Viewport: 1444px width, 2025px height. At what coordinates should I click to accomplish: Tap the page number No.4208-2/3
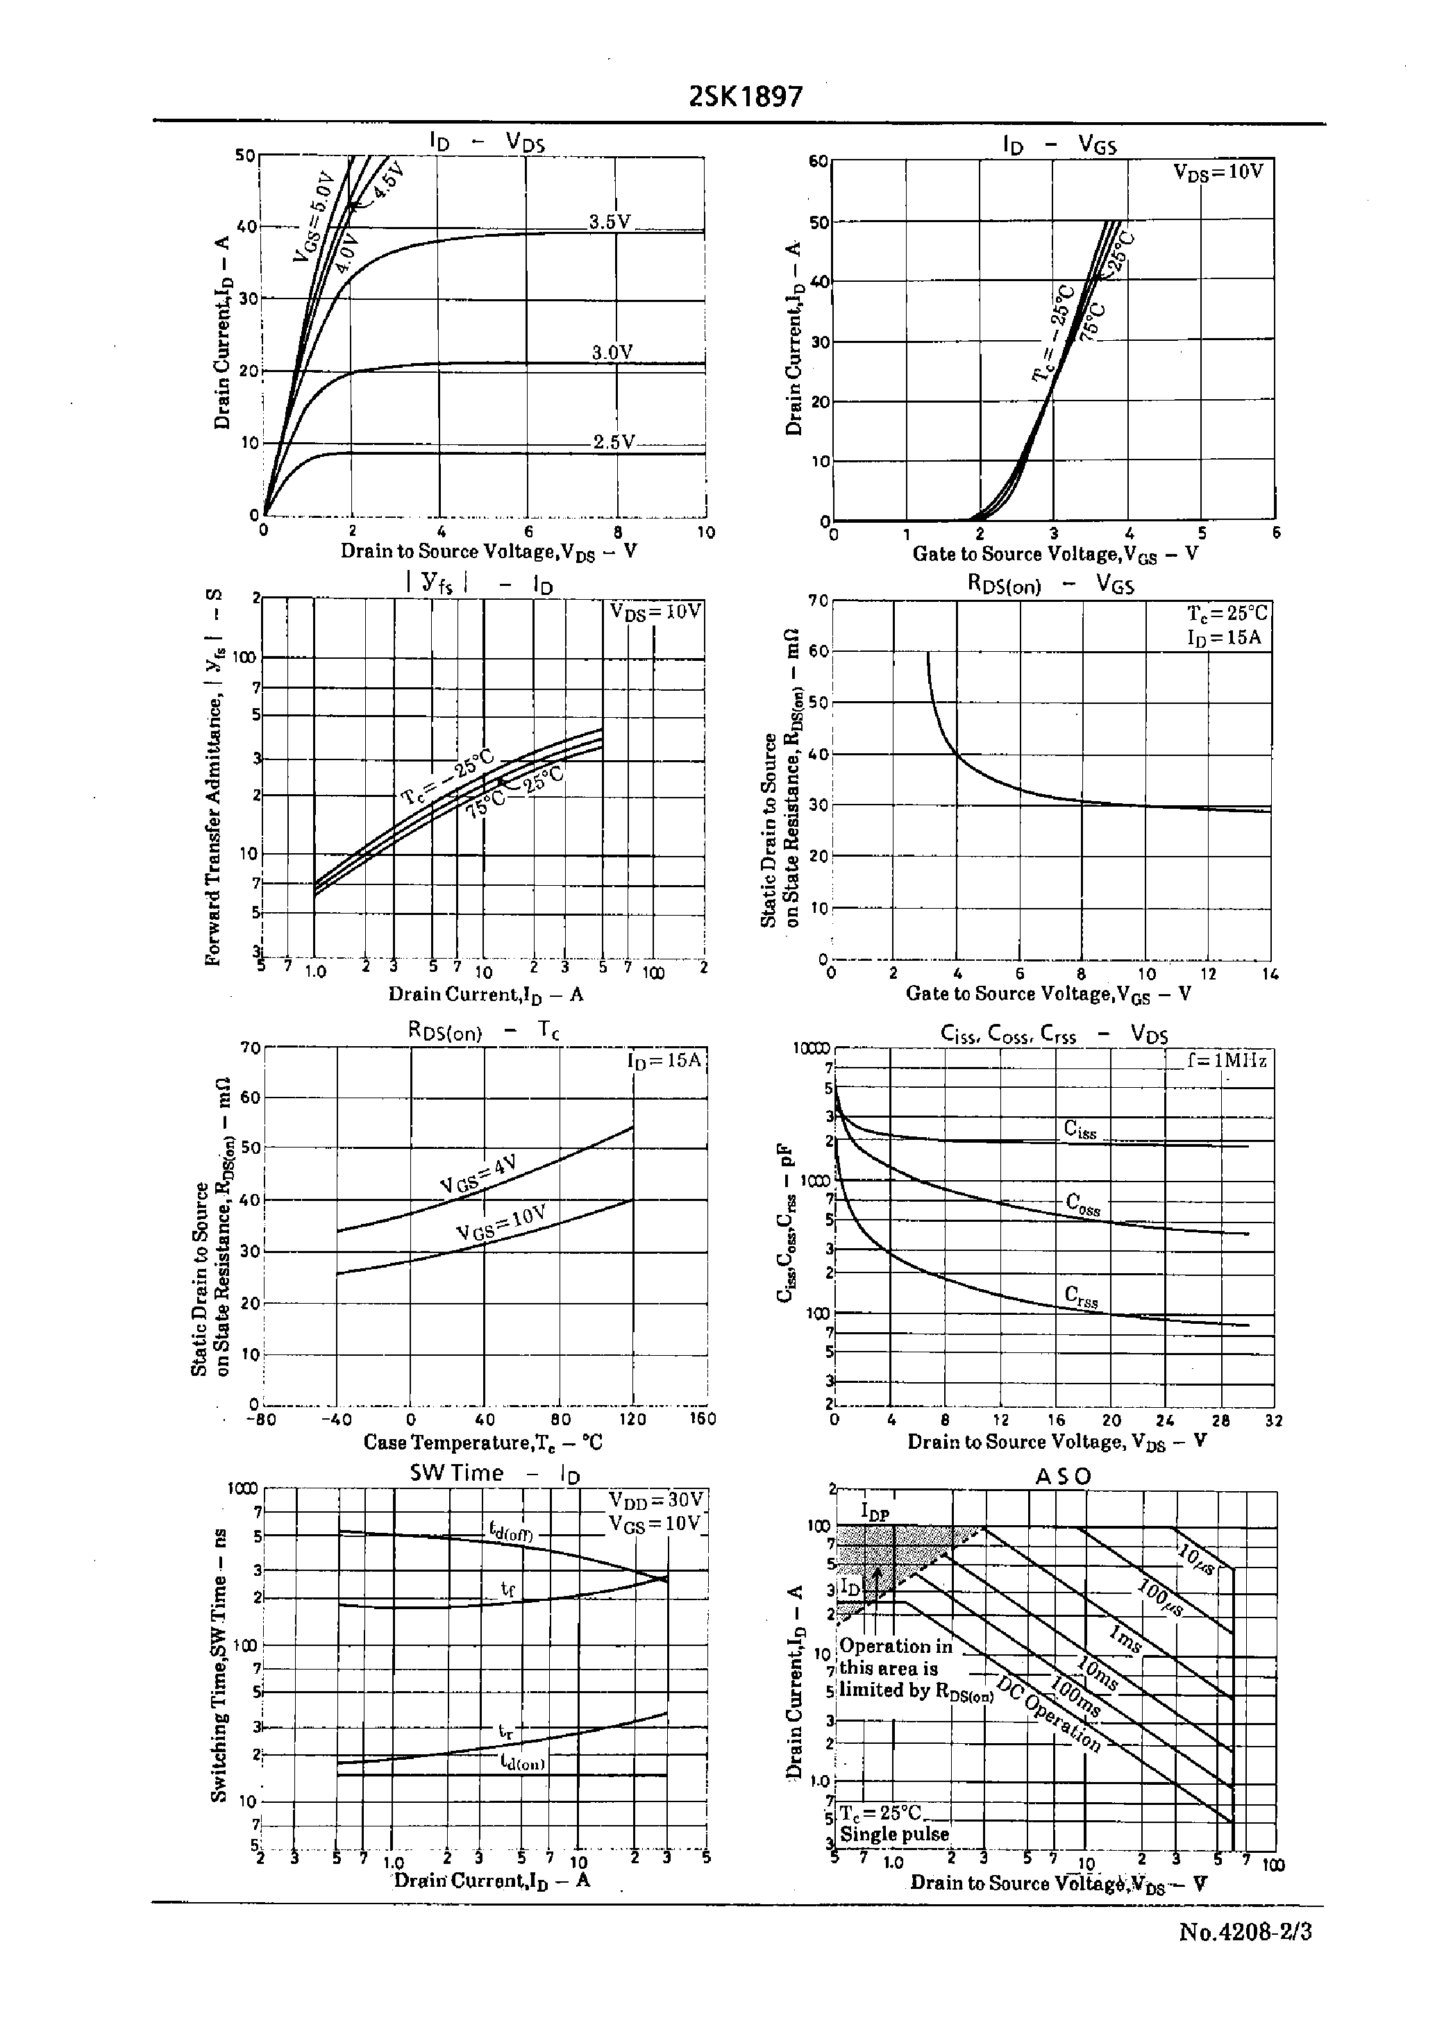click(1245, 1933)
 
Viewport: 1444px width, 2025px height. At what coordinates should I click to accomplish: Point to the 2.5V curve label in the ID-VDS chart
click(614, 442)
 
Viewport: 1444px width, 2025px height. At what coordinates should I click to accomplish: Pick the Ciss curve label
click(1080, 1129)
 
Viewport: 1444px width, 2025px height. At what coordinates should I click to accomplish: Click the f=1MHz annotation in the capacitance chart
click(1226, 1061)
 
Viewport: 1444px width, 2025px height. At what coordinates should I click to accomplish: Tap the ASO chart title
click(1063, 1477)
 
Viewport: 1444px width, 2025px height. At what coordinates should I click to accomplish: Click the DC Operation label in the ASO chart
click(1049, 1715)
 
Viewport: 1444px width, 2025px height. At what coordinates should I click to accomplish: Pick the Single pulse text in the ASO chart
click(893, 1833)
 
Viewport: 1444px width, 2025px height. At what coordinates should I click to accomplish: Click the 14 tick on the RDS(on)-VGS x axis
click(1270, 974)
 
